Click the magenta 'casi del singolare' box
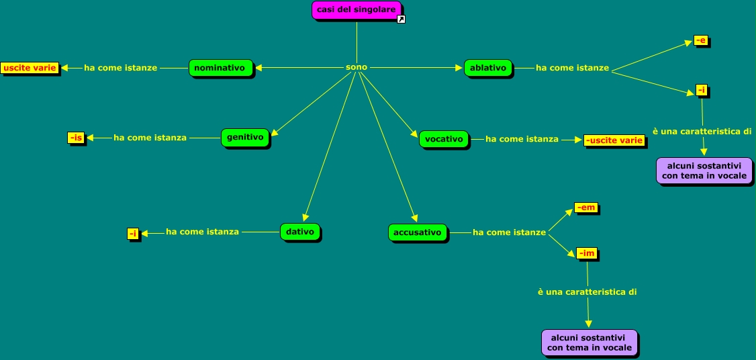357,9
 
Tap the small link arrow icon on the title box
401,19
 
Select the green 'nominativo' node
221,68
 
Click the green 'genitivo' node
244,137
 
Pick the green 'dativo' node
299,232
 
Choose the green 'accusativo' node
417,232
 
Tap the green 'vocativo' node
444,139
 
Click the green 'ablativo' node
487,68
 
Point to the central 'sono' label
357,67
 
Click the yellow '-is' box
75,138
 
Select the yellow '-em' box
585,208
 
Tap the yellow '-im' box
586,253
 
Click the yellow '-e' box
700,41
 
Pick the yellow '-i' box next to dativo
133,233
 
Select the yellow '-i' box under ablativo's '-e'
702,90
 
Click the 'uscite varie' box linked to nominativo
30,68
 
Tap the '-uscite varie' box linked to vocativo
614,140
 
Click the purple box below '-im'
589,342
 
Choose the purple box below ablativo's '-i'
703,170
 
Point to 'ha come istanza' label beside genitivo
150,138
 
